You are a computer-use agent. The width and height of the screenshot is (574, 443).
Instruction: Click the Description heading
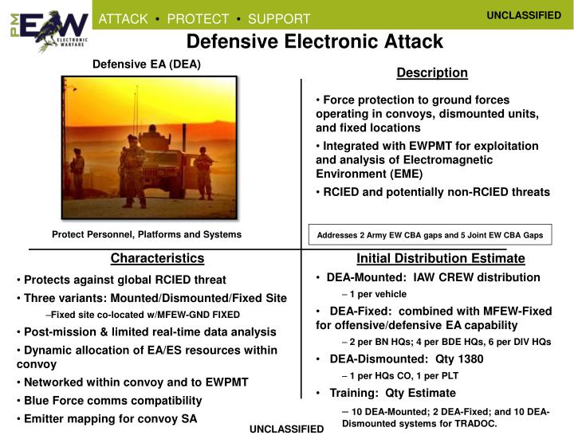432,73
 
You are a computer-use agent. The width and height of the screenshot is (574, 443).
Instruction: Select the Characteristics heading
157,258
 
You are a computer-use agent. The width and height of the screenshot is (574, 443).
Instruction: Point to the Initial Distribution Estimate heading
440,258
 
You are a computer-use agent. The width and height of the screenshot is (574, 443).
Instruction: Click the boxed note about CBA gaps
430,235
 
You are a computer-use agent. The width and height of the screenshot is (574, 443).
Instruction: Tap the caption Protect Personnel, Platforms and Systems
147,234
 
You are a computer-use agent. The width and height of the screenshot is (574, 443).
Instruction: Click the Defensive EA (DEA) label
147,65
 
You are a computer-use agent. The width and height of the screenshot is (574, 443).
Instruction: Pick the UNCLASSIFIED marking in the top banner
524,15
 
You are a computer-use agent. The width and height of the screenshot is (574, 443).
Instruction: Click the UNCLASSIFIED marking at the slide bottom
287,429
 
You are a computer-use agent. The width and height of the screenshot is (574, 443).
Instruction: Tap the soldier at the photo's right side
205,174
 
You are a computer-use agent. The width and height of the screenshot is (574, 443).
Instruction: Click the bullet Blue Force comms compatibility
112,401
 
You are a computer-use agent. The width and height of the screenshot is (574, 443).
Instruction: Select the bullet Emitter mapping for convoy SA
110,419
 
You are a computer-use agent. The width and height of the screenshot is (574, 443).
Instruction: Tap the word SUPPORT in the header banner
279,18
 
